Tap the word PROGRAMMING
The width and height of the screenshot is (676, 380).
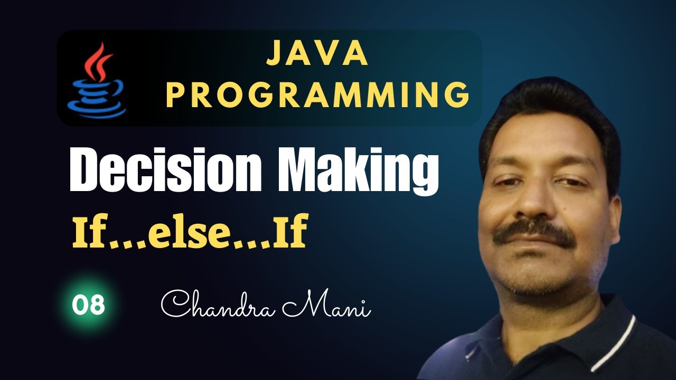[x=318, y=95]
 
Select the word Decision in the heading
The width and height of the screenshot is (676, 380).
[x=166, y=169]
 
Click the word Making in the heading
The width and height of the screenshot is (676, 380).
[x=358, y=172]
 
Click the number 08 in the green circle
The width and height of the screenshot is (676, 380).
[x=88, y=305]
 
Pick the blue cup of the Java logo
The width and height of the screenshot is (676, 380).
[x=97, y=99]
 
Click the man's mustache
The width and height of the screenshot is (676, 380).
[x=533, y=233]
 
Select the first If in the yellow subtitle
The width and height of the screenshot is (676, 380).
[x=90, y=231]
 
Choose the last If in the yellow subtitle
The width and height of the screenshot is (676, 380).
[x=290, y=231]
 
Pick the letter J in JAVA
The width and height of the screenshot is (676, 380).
[x=274, y=53]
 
